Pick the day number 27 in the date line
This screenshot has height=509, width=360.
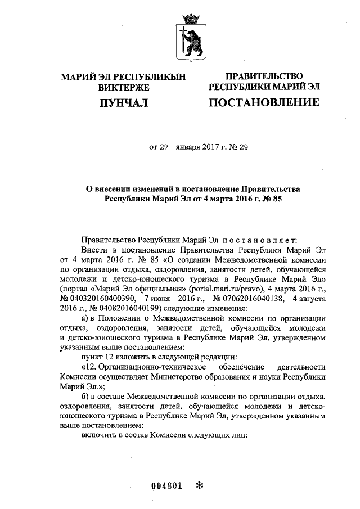coord(161,148)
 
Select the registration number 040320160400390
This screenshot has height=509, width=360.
coord(103,298)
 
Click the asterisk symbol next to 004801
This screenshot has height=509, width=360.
coord(198,487)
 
